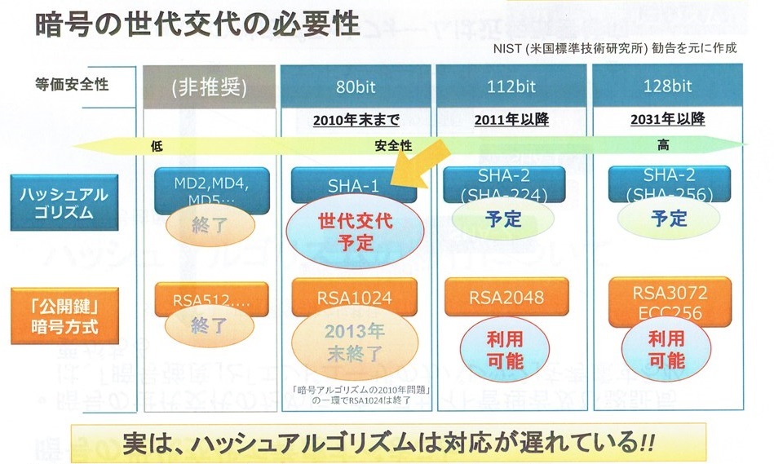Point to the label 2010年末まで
point(356,120)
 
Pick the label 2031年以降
point(668,120)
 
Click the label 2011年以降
point(511,120)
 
